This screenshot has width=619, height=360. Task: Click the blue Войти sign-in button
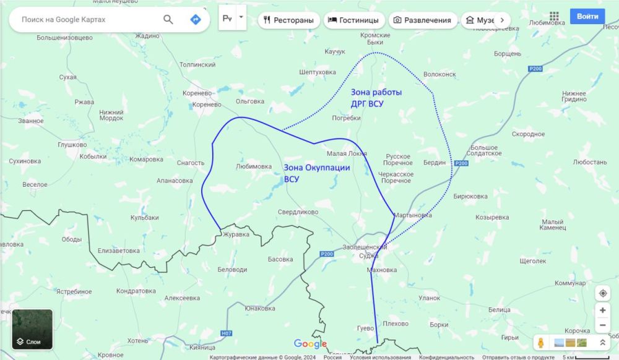click(587, 17)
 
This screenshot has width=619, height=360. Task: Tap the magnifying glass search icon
click(168, 20)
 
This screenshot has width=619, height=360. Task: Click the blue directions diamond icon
click(195, 20)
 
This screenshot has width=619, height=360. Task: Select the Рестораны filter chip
click(288, 20)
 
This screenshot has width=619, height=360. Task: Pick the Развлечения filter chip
click(423, 20)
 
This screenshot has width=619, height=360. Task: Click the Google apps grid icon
click(554, 16)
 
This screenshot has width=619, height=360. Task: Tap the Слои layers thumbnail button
click(32, 329)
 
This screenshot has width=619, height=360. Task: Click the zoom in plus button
click(602, 310)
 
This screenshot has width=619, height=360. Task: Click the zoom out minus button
click(602, 325)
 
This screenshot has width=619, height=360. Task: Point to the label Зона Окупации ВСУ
click(316, 173)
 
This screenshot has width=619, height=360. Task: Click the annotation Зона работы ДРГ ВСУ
click(378, 98)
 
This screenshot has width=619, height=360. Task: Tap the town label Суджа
click(369, 255)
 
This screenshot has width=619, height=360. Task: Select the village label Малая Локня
click(347, 153)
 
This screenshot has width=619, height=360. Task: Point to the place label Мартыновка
click(413, 215)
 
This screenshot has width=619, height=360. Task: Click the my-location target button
click(602, 293)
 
